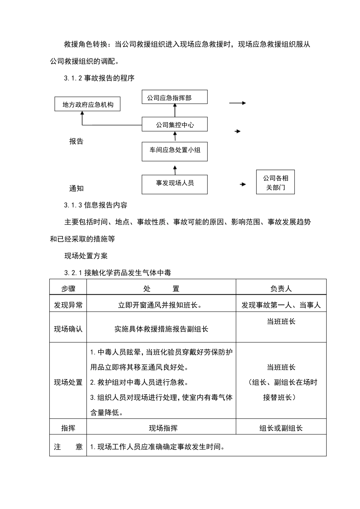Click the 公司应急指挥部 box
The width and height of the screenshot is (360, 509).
coord(175,97)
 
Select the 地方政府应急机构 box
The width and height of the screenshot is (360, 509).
coord(88,104)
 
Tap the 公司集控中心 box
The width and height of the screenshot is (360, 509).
coord(175,125)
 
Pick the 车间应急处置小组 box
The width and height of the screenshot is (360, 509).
coord(175,150)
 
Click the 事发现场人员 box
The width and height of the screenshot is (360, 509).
coord(175,184)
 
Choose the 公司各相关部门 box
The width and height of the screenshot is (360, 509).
coord(275,183)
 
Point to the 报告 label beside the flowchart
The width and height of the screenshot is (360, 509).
coord(76,141)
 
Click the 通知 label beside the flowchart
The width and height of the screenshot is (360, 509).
coord(76,188)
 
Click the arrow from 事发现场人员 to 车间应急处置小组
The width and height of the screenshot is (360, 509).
coord(175,169)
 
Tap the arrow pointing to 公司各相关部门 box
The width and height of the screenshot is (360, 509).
coord(243,184)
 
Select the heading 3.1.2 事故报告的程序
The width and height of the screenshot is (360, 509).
coord(99,78)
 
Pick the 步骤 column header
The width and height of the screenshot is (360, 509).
coord(68,289)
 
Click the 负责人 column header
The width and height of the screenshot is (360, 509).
coord(281,289)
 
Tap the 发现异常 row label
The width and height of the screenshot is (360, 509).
coord(68,305)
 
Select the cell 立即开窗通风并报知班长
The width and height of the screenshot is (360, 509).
coord(161,305)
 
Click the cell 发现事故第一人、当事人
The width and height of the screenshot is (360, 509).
coord(281,305)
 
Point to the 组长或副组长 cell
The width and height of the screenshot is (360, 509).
coord(281,428)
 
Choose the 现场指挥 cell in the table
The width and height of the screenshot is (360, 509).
coord(163,428)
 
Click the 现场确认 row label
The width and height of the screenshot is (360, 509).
coord(68,329)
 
